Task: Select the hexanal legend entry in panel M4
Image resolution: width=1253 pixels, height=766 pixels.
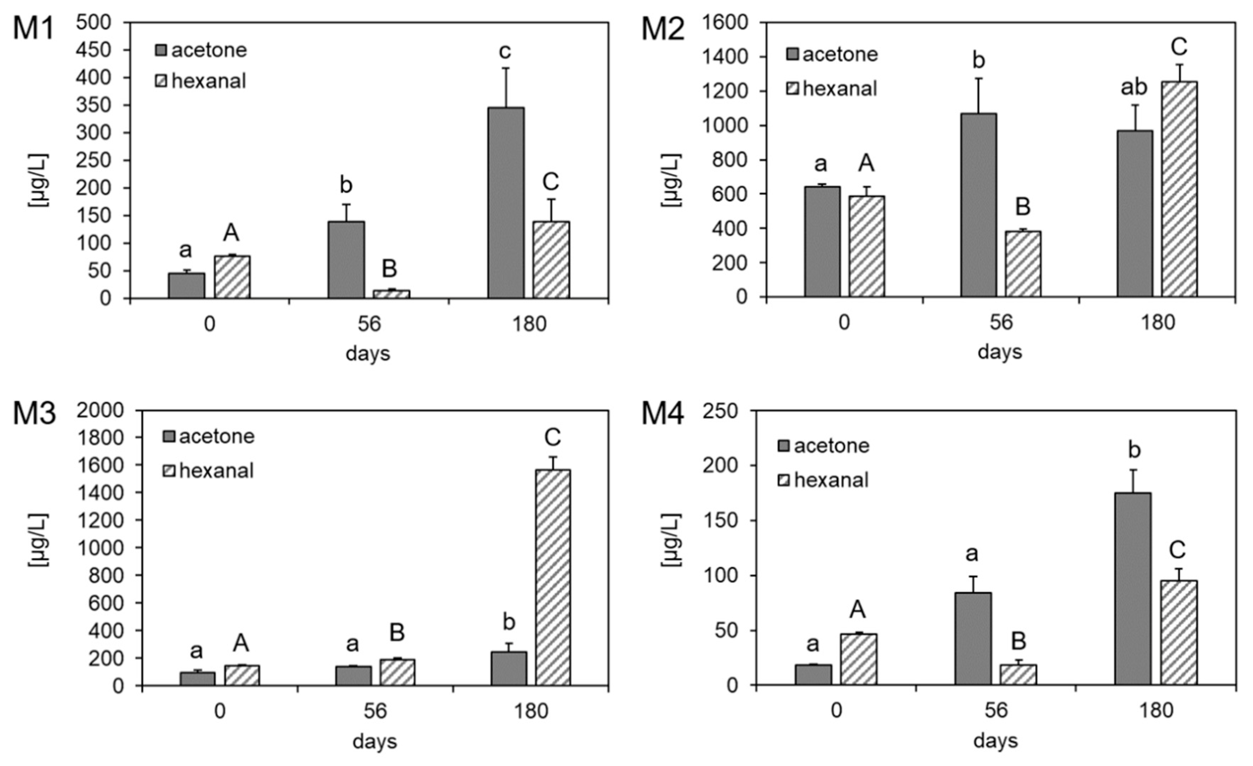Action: click(824, 480)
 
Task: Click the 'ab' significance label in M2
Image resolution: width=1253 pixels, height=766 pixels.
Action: click(1134, 87)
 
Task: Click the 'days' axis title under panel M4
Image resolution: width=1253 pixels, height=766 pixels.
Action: click(995, 740)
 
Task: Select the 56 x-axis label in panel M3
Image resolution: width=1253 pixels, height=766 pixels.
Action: click(375, 711)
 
